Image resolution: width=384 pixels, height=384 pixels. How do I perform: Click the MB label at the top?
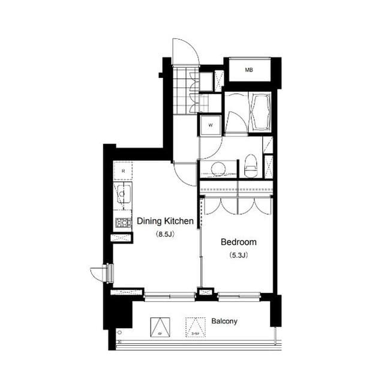248,70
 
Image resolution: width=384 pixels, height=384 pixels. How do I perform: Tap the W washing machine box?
210,125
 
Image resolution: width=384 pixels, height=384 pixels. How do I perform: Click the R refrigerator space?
123,171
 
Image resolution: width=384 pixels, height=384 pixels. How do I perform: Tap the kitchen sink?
124,196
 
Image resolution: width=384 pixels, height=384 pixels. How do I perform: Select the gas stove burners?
124,223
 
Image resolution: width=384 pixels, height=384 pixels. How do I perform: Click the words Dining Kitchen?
165,221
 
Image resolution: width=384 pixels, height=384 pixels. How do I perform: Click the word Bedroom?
238,242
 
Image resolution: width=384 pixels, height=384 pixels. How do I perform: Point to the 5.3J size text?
238,255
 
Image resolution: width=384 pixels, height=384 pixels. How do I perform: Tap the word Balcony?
224,321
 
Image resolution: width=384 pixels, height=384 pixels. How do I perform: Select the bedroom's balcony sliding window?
239,295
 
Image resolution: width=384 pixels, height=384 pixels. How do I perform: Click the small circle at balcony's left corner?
120,332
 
